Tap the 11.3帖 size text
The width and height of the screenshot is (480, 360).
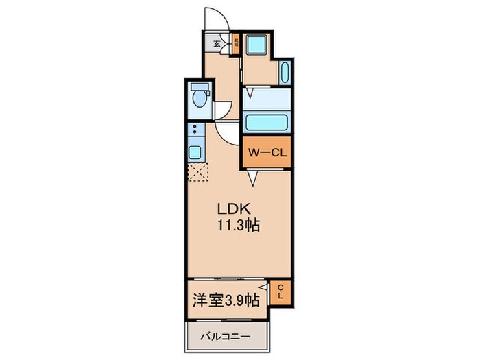click(x=239, y=226)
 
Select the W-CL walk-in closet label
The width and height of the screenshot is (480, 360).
click(x=267, y=153)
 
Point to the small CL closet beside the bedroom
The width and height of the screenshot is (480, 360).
click(x=280, y=293)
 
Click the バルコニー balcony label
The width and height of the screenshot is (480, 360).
click(x=226, y=337)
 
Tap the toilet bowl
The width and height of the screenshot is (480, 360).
click(x=199, y=97)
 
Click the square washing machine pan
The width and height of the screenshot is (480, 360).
click(x=259, y=47)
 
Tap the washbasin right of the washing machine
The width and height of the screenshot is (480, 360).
click(x=285, y=71)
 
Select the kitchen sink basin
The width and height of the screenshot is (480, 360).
click(x=194, y=152)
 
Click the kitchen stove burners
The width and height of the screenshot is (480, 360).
click(x=194, y=130)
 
